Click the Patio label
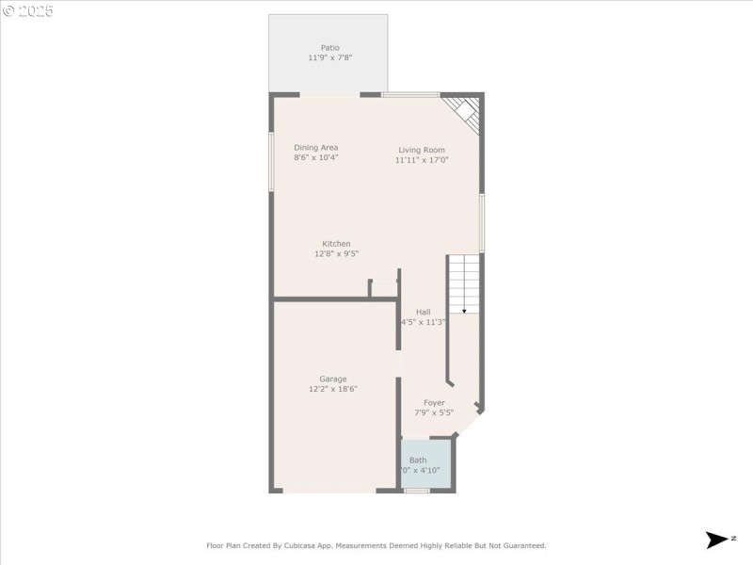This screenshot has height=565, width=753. (329, 47)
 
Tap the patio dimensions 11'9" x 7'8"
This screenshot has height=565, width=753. (329, 57)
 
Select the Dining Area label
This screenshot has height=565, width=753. (315, 148)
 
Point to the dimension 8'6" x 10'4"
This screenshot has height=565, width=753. (315, 158)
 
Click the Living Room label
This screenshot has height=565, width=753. (421, 150)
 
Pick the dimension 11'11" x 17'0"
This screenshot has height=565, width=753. (421, 160)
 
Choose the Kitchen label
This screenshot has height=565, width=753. (336, 244)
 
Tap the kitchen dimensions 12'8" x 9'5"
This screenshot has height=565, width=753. (336, 254)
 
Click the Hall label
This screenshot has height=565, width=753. (424, 312)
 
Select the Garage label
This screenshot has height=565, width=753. (332, 379)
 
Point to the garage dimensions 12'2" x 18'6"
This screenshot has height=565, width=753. (332, 389)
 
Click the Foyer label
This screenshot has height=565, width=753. (434, 402)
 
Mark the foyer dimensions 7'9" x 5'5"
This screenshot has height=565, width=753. (434, 412)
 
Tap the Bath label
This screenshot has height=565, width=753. (417, 460)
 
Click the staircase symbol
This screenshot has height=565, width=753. (463, 283)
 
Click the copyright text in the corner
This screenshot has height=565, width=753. (28, 11)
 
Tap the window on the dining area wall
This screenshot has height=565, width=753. (271, 161)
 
